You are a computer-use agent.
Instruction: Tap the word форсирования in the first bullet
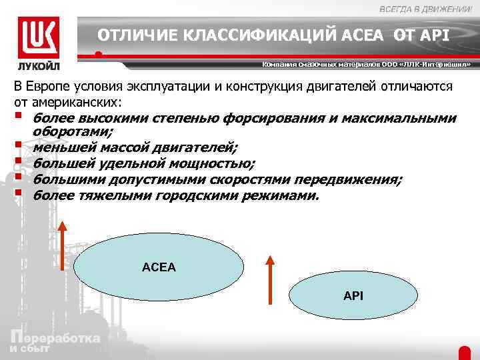(x=281, y=118)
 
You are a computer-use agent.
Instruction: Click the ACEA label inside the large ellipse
(x=159, y=267)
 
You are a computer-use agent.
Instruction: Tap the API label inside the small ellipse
(x=353, y=295)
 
